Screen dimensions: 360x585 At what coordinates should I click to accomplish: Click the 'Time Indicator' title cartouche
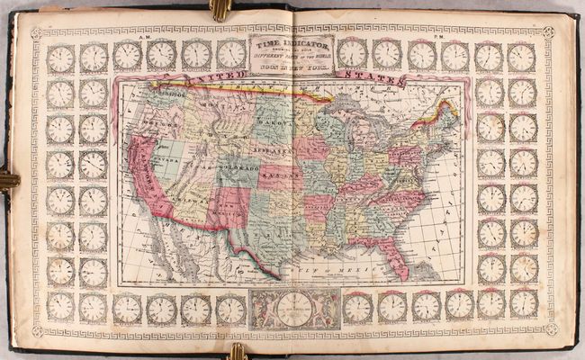tap(293, 53)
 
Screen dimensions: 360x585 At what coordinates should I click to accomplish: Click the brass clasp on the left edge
tap(7, 180)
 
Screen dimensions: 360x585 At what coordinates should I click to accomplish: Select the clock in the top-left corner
tap(60, 58)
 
